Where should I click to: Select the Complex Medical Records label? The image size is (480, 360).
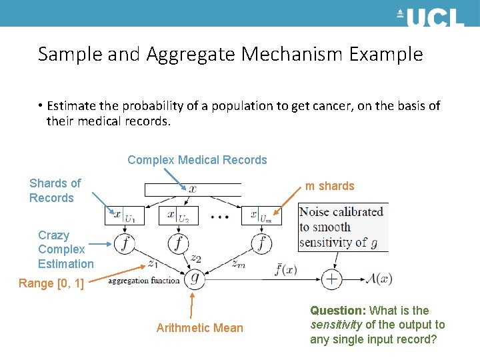point(197,160)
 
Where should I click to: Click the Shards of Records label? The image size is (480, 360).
point(55,191)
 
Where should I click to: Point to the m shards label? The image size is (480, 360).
point(329,186)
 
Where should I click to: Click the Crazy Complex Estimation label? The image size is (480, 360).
point(65,249)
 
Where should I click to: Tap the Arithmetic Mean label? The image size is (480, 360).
point(199,327)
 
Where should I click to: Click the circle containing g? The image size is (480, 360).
point(194,279)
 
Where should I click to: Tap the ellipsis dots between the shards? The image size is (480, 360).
point(220,215)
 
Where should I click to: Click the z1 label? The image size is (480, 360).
point(153,263)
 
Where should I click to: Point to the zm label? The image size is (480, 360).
point(238,263)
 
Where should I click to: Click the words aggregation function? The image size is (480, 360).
point(143,281)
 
